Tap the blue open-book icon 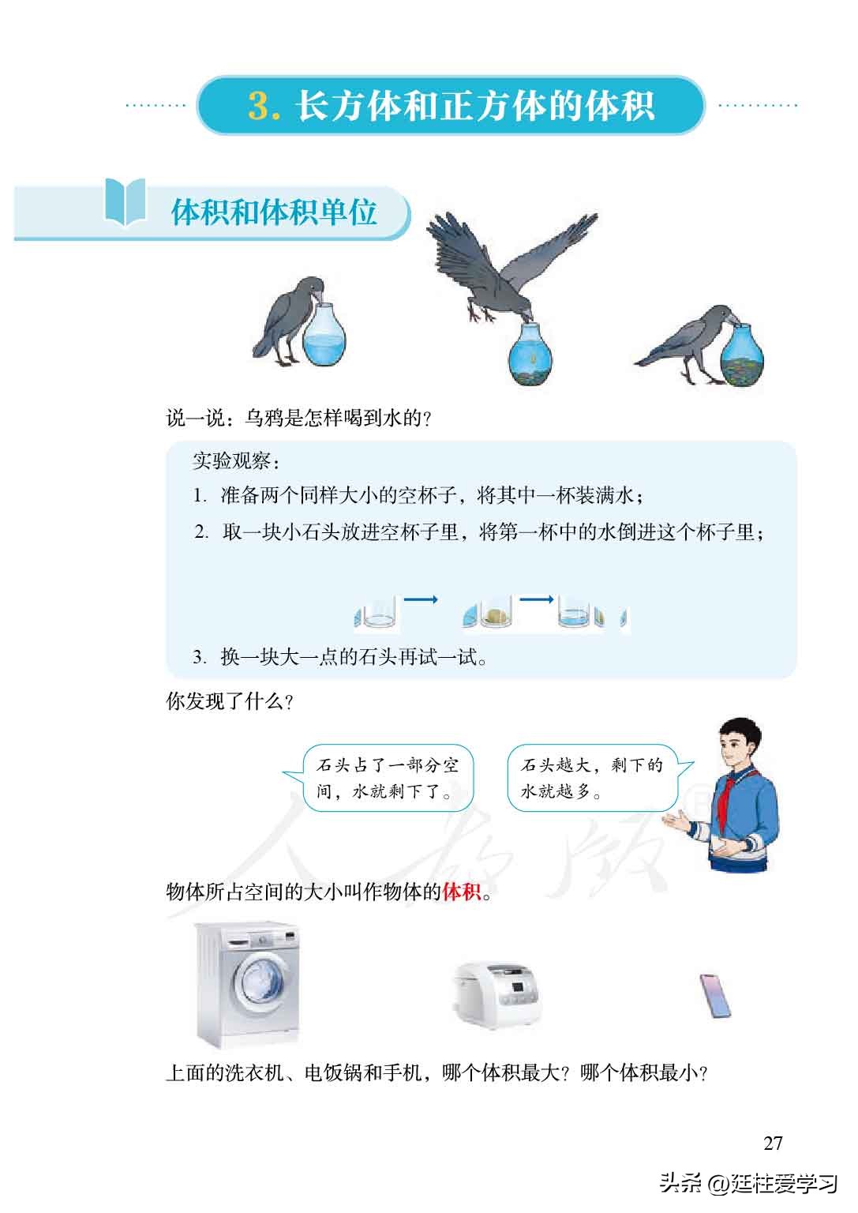tap(126, 202)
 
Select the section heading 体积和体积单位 tap(274, 212)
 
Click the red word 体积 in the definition tap(462, 892)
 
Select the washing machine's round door tap(261, 984)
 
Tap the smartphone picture tap(715, 997)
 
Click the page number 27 tap(773, 1143)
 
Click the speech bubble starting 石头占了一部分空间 tap(387, 778)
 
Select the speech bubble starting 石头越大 tap(591, 778)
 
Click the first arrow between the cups tap(421, 600)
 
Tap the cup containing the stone tap(493, 615)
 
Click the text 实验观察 tap(235, 460)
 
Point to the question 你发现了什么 tap(230, 701)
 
